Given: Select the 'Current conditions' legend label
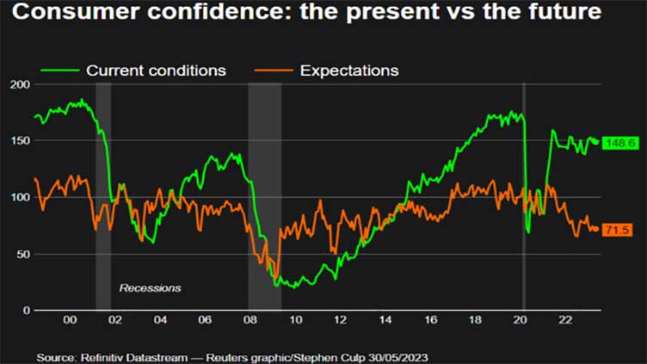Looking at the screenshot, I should point(156,71).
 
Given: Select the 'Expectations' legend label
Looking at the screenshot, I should point(349,71).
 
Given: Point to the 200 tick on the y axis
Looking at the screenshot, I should point(19,84).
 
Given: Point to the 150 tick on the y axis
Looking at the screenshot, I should point(19,141).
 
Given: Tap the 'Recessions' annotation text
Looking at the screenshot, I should point(150,287).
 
